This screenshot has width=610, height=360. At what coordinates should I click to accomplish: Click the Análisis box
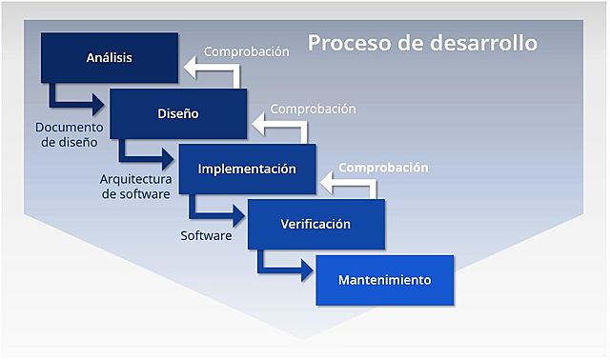pos(109,58)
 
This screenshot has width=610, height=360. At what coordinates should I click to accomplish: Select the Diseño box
pos(178,114)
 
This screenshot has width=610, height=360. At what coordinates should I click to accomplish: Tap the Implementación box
pos(247,169)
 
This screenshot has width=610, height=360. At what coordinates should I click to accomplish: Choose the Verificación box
pos(315,225)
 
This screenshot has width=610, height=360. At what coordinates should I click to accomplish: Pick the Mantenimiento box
pos(385,280)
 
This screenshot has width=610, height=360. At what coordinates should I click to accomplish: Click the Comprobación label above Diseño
pos(246,51)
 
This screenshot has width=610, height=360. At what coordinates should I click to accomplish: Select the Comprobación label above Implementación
pos(314,109)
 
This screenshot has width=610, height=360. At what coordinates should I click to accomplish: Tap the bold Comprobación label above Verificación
pos(383,167)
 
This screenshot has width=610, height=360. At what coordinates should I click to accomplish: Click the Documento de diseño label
pos(70,134)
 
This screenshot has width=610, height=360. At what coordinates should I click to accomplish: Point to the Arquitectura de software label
pos(135,187)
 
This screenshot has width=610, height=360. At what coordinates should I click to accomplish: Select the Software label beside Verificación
pos(206,235)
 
